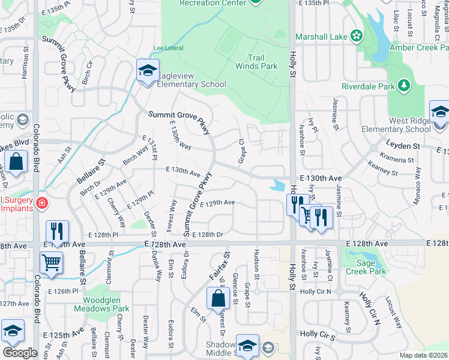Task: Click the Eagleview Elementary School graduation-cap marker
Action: [147, 71]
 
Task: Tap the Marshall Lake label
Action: [321, 37]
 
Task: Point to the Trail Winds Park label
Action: [264, 62]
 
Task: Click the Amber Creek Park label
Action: [418, 47]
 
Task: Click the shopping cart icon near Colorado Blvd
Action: [52, 262]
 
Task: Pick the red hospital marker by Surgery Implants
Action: [41, 203]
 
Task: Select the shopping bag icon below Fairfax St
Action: [217, 298]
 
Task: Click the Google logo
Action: [19, 352]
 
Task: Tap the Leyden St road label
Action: [402, 146]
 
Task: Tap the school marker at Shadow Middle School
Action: [246, 345]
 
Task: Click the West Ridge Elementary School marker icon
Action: [439, 113]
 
